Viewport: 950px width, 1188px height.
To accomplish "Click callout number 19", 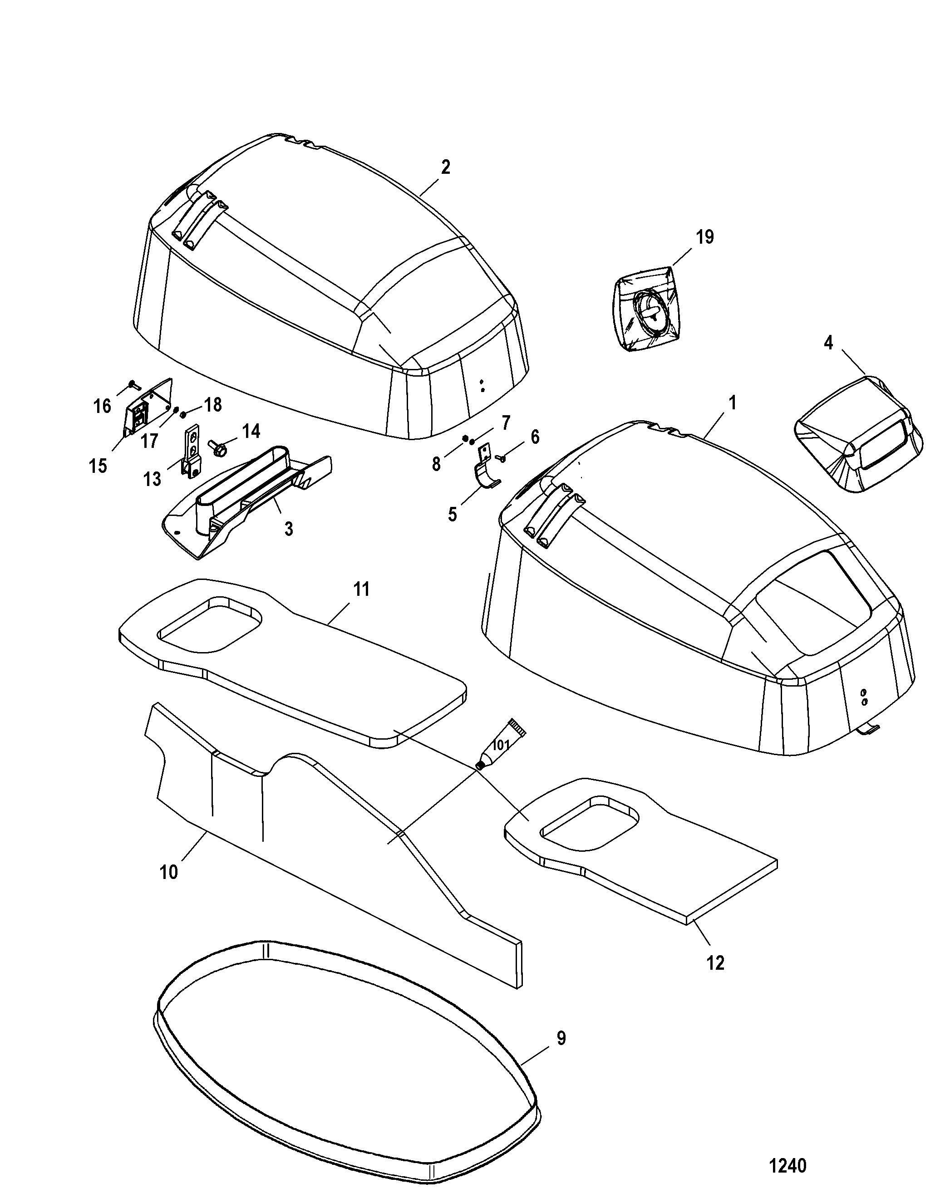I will [x=704, y=237].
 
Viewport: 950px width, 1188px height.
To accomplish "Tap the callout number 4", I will [x=828, y=343].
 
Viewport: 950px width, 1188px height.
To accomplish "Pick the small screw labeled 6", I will [x=502, y=458].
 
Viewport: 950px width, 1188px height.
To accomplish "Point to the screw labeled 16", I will [x=132, y=383].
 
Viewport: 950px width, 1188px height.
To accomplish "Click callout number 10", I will [x=168, y=872].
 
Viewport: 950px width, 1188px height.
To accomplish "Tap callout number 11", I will [x=361, y=589].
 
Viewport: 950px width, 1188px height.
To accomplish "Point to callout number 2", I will [x=446, y=167].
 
